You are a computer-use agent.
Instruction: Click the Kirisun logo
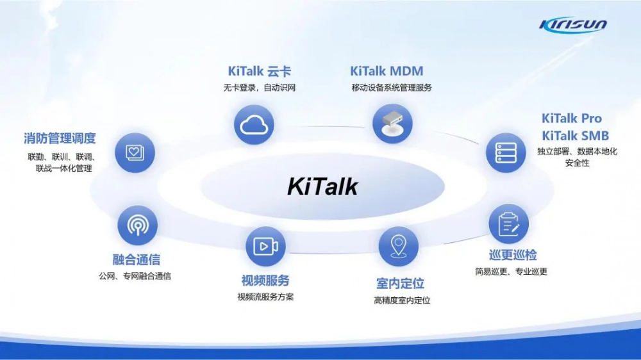pyautogui.click(x=573, y=25)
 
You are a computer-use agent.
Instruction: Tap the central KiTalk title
pyautogui.click(x=322, y=187)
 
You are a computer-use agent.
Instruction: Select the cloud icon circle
pyautogui.click(x=254, y=125)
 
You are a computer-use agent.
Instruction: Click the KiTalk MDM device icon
pyautogui.click(x=392, y=124)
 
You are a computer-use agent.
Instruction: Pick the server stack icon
pyautogui.click(x=506, y=152)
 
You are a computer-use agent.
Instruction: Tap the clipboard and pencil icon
pyautogui.click(x=508, y=224)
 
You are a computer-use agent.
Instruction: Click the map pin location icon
pyautogui.click(x=399, y=247)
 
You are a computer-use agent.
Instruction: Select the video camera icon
pyautogui.click(x=266, y=247)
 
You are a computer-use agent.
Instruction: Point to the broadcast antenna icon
pyautogui.click(x=137, y=225)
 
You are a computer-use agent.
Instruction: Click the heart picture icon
pyautogui.click(x=135, y=153)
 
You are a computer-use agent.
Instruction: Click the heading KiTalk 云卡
pyautogui.click(x=259, y=72)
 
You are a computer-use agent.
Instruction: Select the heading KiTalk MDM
pyautogui.click(x=387, y=71)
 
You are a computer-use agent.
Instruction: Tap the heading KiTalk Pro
pyautogui.click(x=572, y=119)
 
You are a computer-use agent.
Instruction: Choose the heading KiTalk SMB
pyautogui.click(x=575, y=136)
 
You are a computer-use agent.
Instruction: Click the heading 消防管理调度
pyautogui.click(x=60, y=138)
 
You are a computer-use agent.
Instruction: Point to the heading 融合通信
pyautogui.click(x=137, y=259)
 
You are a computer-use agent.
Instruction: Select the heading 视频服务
pyautogui.click(x=266, y=281)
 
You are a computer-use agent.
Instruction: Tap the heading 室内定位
pyautogui.click(x=400, y=283)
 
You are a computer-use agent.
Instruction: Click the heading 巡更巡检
pyautogui.click(x=513, y=255)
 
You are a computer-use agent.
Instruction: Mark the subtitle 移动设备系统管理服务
pyautogui.click(x=392, y=88)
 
